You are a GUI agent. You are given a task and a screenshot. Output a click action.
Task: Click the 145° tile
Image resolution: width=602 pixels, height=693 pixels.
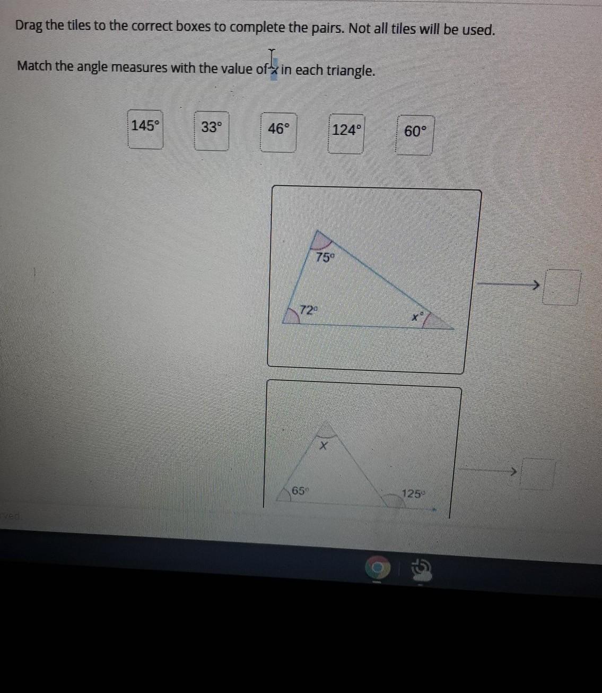point(145,129)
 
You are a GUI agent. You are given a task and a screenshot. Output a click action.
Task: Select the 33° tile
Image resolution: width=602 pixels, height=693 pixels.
point(212,131)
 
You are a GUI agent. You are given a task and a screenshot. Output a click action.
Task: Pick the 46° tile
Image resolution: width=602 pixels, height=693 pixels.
point(278,132)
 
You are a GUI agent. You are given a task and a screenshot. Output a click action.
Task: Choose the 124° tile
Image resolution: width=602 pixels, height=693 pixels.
point(346,133)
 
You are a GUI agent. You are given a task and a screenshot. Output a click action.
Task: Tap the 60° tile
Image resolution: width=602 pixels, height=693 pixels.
point(415,135)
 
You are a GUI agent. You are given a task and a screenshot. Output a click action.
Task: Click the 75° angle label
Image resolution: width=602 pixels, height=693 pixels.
point(325,258)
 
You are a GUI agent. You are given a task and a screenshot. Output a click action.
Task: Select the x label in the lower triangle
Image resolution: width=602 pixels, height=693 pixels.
point(324,445)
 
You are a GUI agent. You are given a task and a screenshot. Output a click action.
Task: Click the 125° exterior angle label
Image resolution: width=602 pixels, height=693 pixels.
point(413,494)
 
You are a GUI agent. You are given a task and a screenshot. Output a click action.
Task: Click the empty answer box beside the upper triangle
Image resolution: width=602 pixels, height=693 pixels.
point(562,287)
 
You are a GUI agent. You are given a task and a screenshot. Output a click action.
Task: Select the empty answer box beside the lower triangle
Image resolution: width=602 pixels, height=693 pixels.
point(538,473)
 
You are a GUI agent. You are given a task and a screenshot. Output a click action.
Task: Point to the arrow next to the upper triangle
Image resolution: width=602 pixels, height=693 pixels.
point(508,285)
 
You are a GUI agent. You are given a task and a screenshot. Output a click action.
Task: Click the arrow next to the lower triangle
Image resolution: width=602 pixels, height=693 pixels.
point(488,470)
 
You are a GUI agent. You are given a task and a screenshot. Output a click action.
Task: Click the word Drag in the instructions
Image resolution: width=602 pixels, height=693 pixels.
point(29,26)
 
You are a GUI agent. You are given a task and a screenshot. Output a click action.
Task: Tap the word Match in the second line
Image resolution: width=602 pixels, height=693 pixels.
point(34,66)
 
